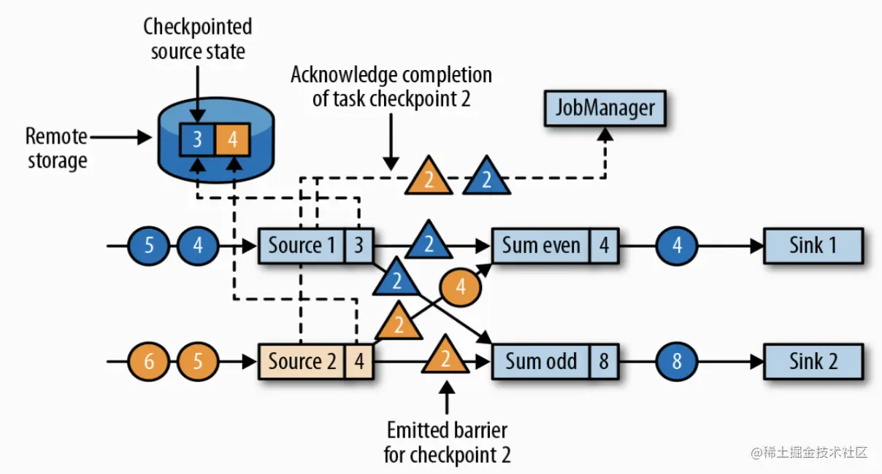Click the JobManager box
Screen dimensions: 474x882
point(605,109)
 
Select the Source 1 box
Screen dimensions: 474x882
point(302,245)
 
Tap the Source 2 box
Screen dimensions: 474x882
point(302,361)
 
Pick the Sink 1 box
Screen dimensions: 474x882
point(813,245)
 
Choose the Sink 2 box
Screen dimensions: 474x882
point(813,361)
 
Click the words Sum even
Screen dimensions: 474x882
point(541,245)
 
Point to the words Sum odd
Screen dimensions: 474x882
point(541,361)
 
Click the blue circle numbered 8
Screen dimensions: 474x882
point(677,361)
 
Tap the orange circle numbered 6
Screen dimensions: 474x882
point(150,361)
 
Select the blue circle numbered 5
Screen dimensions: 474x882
point(150,245)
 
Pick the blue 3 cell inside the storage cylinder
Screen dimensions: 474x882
point(197,139)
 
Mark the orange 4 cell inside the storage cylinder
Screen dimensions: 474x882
point(233,139)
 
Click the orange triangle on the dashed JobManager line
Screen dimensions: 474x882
point(429,177)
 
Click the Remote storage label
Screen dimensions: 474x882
point(57,147)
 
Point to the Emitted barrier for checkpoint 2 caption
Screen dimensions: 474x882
point(447,442)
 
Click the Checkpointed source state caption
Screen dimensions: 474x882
point(197,39)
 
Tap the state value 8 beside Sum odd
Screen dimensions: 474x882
point(604,361)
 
